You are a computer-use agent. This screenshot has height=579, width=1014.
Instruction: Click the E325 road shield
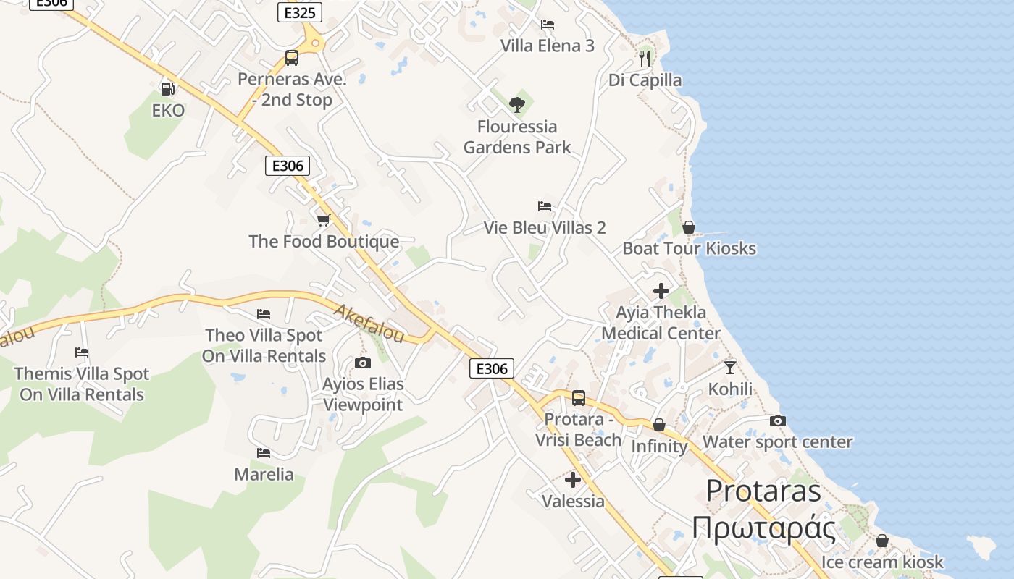[x=299, y=12]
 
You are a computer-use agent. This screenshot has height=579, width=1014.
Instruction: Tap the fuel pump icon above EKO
[x=167, y=89]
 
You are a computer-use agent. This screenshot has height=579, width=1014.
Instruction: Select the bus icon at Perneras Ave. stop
[x=292, y=58]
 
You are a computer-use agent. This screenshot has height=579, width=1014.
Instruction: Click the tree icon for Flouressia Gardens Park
[x=516, y=105]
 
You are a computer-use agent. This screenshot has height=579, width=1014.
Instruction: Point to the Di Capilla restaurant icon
[x=645, y=58]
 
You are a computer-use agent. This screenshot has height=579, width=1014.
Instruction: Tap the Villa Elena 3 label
[x=548, y=46]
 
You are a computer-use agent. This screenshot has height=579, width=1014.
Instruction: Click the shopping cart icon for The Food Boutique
[x=324, y=220]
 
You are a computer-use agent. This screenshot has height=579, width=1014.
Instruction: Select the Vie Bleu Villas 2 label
[x=545, y=227]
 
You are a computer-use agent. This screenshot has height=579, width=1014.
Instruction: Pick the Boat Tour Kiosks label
[x=689, y=248]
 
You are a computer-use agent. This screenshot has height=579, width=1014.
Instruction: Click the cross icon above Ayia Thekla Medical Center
[x=661, y=291]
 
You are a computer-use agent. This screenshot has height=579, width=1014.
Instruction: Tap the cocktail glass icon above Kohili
[x=730, y=368]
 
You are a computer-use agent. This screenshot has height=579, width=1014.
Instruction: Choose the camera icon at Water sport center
[x=777, y=420]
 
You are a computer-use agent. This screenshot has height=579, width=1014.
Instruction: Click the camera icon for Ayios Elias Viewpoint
[x=363, y=363]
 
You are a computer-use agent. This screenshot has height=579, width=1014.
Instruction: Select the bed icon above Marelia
[x=264, y=453]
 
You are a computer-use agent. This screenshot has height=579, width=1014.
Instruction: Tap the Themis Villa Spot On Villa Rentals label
[x=82, y=384]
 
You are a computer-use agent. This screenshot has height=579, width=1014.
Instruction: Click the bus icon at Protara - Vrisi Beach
[x=579, y=397]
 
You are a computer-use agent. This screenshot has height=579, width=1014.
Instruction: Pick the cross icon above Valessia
[x=573, y=480]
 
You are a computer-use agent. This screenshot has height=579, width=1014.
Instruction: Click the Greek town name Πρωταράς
[x=763, y=528]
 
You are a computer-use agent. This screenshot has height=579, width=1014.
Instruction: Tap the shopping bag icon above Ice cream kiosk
[x=882, y=541]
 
